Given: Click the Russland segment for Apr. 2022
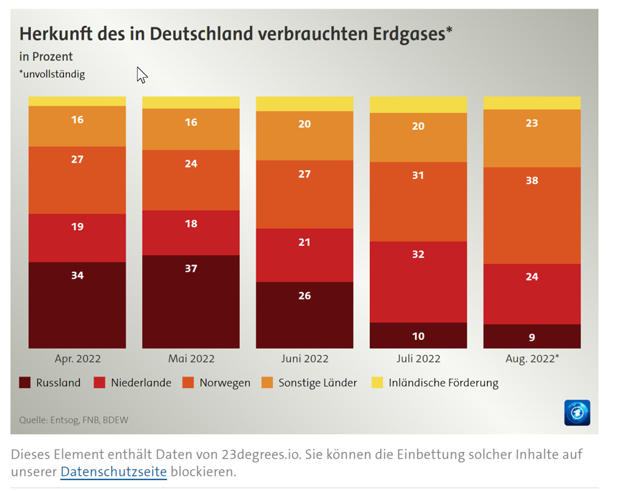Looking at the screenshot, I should coord(77,305).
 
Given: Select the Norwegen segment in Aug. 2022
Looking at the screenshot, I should coord(532,216).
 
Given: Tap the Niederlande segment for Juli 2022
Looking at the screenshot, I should coord(418,282).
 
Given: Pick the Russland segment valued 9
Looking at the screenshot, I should coord(532,336).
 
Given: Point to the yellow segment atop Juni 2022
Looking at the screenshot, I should coord(305,104).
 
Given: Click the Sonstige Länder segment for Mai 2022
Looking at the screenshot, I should coord(191,129).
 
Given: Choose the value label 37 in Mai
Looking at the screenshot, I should coord(191,269).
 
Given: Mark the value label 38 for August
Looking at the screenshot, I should coord(532,181).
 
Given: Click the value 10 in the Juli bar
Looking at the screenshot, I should coord(418,336).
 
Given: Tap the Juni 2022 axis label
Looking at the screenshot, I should coord(305,358).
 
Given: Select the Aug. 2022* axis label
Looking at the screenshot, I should coord(532,358).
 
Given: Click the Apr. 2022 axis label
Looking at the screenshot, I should coord(78,358).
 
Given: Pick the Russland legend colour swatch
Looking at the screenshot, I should coord(25,382).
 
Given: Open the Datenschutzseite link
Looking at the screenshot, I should coord(113,472).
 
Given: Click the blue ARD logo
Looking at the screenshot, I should coord(577,413).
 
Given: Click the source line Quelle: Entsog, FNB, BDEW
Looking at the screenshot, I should coord(73,420).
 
